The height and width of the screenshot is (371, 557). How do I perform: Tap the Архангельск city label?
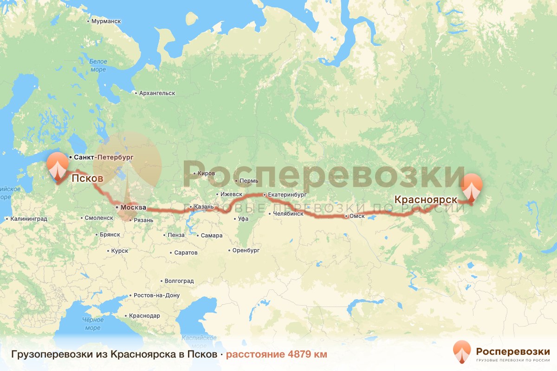click(x=157, y=93)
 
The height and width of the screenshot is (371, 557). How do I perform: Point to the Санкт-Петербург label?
click(x=104, y=158)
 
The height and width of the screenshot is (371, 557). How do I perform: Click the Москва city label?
click(x=134, y=207)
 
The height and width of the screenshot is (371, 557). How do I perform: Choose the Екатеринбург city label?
click(x=288, y=195)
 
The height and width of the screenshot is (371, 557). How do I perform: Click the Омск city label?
click(x=357, y=216)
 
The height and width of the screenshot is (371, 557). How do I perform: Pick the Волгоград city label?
click(x=179, y=281)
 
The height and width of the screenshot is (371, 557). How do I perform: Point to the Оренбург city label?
click(x=246, y=250)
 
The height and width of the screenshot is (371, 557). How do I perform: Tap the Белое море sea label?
click(x=98, y=65)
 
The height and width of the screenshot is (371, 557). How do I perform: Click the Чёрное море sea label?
click(x=93, y=324)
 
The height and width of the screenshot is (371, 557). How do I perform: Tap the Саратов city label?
click(x=186, y=253)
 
